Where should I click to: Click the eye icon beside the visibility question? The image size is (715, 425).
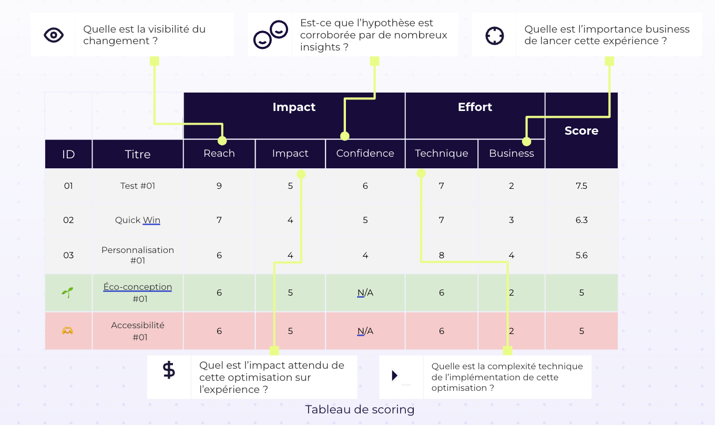click(54, 35)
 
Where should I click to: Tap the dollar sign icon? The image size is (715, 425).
click(169, 370)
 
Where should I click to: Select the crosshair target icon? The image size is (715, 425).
click(494, 36)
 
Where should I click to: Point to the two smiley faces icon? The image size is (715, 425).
click(270, 35)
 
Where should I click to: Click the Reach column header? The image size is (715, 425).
click(219, 154)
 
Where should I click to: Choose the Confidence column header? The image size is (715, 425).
click(365, 154)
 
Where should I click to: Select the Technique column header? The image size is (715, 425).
click(441, 154)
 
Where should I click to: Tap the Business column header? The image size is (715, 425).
click(511, 154)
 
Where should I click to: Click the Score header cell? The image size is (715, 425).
click(581, 130)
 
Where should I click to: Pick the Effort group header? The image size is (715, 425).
click(475, 107)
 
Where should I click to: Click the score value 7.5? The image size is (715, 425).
click(581, 186)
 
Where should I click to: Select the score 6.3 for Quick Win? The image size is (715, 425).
click(581, 220)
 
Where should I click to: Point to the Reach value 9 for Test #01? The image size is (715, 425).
click(219, 186)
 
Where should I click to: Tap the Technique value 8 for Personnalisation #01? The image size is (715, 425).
click(441, 256)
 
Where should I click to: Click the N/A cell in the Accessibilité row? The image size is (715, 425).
click(365, 331)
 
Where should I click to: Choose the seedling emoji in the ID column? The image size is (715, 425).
click(68, 292)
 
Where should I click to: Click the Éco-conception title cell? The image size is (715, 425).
click(138, 292)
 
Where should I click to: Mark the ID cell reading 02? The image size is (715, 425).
click(68, 220)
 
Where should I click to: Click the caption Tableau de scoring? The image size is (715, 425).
click(360, 409)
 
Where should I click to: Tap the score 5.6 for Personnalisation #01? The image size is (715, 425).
click(581, 256)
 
